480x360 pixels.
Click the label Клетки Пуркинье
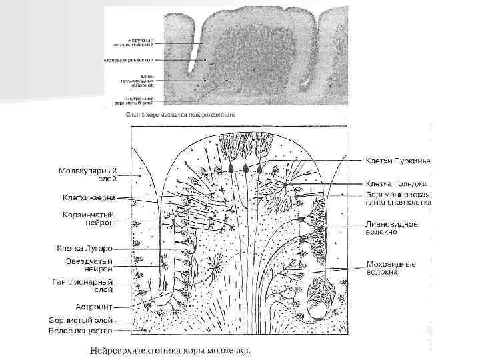click(397, 162)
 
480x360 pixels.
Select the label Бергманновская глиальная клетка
click(398, 199)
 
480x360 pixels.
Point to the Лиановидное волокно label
click(391, 228)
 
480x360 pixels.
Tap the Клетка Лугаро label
click(84, 249)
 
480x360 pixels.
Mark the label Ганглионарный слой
click(83, 286)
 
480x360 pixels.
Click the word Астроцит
click(93, 307)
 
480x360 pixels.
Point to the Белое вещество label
click(79, 330)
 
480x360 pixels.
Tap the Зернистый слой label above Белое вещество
click(80, 320)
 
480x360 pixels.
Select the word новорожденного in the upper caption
click(212, 115)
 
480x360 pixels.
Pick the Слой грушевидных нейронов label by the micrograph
click(138, 82)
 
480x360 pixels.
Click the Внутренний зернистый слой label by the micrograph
click(138, 101)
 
